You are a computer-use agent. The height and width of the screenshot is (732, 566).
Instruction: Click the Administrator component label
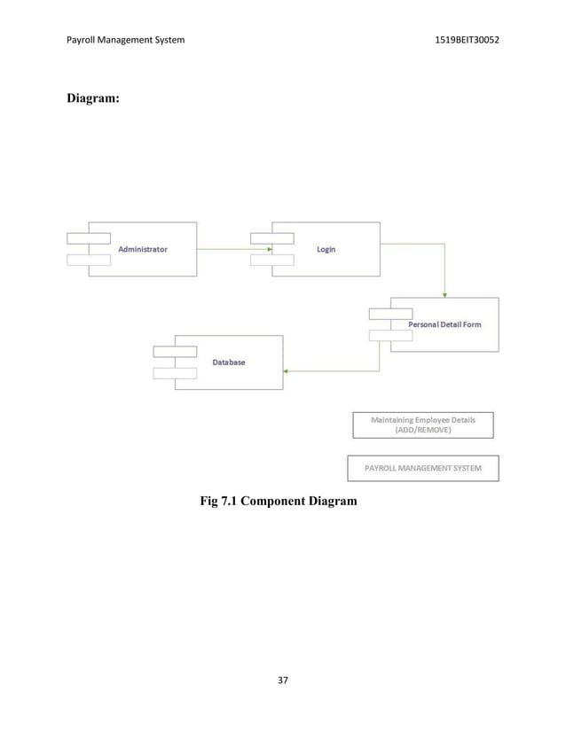(x=143, y=250)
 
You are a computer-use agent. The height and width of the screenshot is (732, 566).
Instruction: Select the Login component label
(x=326, y=250)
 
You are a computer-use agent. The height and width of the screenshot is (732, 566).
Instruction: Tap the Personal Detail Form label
(x=444, y=325)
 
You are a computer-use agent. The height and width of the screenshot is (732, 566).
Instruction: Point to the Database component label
(x=229, y=362)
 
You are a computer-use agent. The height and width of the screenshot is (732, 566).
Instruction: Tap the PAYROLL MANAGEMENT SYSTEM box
(x=422, y=468)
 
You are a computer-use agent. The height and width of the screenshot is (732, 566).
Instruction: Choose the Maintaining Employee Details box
(x=422, y=424)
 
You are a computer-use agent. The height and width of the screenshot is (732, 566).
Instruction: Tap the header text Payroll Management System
(x=126, y=40)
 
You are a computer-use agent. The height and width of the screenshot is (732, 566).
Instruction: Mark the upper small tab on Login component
(x=271, y=238)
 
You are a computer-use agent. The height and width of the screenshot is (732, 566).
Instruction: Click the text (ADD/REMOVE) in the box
(x=422, y=430)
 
